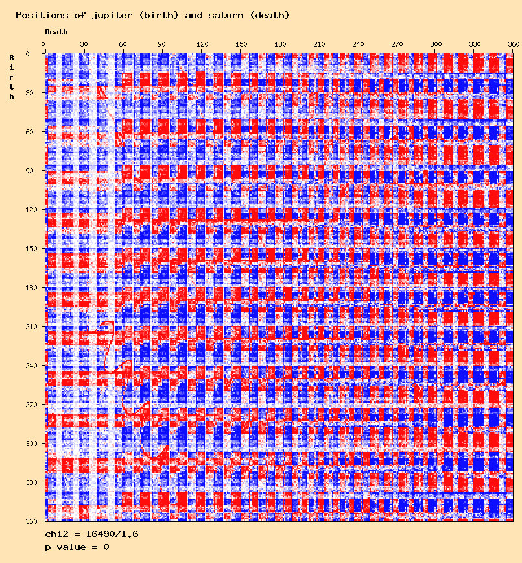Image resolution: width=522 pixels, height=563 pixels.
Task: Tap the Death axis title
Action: click(56, 31)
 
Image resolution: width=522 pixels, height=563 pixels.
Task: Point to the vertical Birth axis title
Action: click(12, 77)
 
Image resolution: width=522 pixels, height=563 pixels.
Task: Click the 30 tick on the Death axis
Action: click(84, 44)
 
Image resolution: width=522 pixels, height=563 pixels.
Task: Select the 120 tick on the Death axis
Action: click(202, 44)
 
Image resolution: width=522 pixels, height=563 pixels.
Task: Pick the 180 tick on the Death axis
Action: click(280, 44)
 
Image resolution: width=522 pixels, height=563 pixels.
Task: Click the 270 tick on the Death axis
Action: click(397, 44)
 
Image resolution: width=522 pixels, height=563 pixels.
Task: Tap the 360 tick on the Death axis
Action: click(514, 44)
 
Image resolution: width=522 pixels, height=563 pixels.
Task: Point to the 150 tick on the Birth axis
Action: click(30, 249)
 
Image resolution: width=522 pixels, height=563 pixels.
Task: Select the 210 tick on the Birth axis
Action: click(30, 327)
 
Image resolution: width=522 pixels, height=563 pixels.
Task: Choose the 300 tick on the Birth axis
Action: click(30, 444)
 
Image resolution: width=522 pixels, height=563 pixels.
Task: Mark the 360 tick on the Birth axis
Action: click(30, 521)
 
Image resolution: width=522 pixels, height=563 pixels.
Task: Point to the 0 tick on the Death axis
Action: click(43, 44)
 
